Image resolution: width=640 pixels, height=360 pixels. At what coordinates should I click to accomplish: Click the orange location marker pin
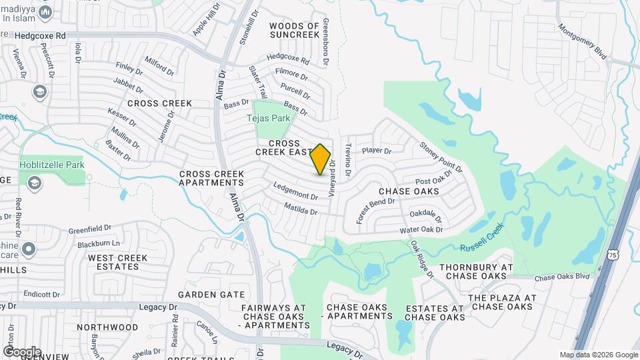[x=321, y=159]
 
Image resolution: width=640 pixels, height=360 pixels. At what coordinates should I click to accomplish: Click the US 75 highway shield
[x=621, y=254]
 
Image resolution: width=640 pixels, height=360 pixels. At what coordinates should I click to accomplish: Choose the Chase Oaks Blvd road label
[x=562, y=277]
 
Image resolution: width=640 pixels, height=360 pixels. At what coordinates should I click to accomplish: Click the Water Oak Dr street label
[x=421, y=230]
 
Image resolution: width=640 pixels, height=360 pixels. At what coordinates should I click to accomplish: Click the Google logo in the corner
[x=21, y=351]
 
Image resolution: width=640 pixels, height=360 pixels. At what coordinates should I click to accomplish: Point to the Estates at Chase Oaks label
[x=435, y=313]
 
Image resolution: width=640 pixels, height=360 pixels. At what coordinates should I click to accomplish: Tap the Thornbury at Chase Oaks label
[x=475, y=271]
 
